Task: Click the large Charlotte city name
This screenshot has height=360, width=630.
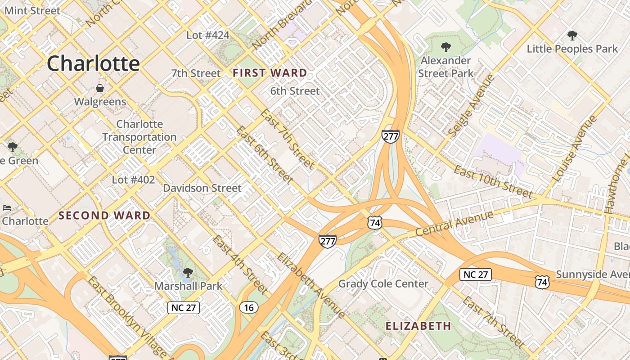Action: tap(93, 63)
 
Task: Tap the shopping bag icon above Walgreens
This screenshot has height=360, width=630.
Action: tap(100, 88)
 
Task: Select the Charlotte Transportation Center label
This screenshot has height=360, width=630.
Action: tap(139, 137)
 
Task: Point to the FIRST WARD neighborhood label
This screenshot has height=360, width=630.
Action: tap(270, 73)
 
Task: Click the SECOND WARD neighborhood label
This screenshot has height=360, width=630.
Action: tap(104, 216)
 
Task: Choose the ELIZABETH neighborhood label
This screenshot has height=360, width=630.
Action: tap(418, 326)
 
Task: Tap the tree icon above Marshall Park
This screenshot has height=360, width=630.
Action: tap(188, 272)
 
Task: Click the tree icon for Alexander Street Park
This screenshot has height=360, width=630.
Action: tap(445, 47)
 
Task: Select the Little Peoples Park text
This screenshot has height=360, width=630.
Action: tap(572, 49)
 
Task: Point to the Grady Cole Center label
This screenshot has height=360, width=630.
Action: tap(383, 283)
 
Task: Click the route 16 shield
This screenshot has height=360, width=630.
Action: tap(249, 307)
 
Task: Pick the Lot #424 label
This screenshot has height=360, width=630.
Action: tap(208, 35)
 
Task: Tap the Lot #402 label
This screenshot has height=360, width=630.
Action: tap(133, 180)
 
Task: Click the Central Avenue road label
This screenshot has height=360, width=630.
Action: tap(454, 224)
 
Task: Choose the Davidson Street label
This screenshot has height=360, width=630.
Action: tap(202, 188)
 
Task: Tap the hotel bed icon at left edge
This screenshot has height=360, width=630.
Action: tap(6, 207)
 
